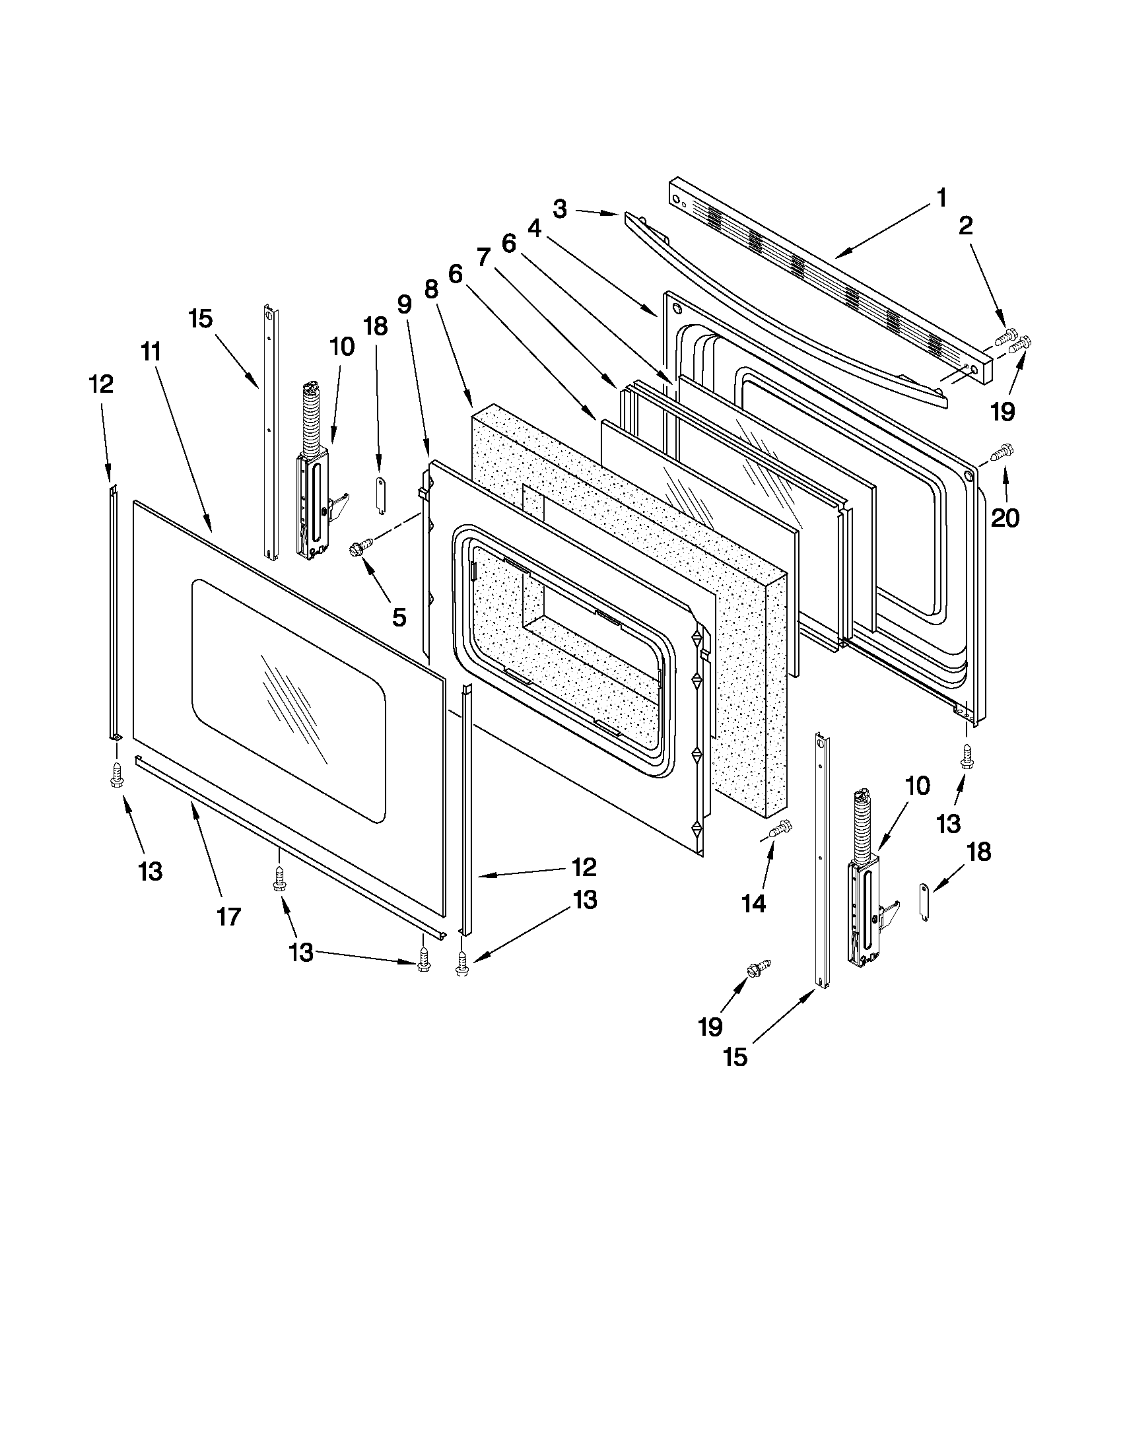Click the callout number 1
pos(941,197)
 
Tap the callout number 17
pos(228,918)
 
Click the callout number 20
pos(1005,517)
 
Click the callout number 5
pos(399,617)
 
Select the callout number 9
pos(404,304)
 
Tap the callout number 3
pos(559,209)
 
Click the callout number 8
pos(431,288)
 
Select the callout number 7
pos(483,257)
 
